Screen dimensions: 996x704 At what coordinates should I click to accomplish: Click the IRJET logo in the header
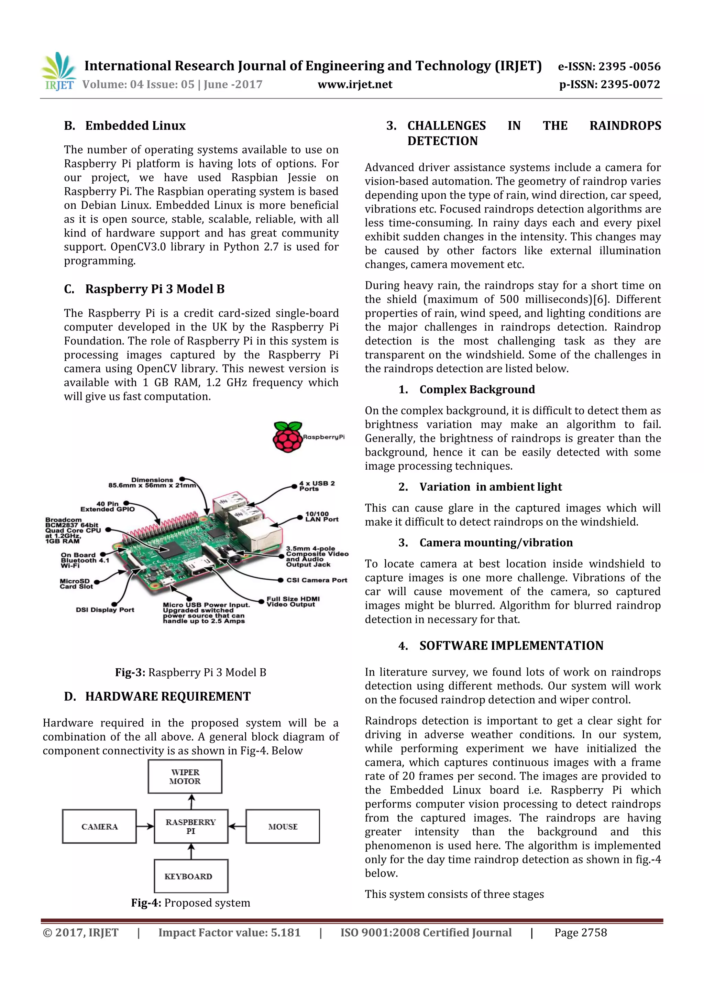click(x=58, y=72)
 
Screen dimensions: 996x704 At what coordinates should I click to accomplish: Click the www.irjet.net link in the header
click(x=354, y=85)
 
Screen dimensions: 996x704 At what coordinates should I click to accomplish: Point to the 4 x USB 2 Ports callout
click(x=316, y=486)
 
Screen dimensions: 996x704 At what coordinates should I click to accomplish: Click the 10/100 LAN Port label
click(x=321, y=516)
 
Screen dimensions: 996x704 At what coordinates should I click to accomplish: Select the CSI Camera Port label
click(x=316, y=580)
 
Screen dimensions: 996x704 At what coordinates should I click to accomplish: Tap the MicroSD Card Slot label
click(x=76, y=583)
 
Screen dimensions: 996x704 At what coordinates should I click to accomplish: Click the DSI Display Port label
click(x=104, y=610)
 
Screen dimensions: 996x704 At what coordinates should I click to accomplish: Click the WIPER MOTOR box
click(x=185, y=777)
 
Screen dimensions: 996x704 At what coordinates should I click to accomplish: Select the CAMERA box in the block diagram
click(x=99, y=827)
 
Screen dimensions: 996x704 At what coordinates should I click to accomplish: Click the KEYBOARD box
click(x=191, y=876)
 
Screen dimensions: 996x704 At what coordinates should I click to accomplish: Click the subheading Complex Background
click(x=477, y=390)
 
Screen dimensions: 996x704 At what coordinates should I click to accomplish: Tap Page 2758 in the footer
click(x=580, y=932)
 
